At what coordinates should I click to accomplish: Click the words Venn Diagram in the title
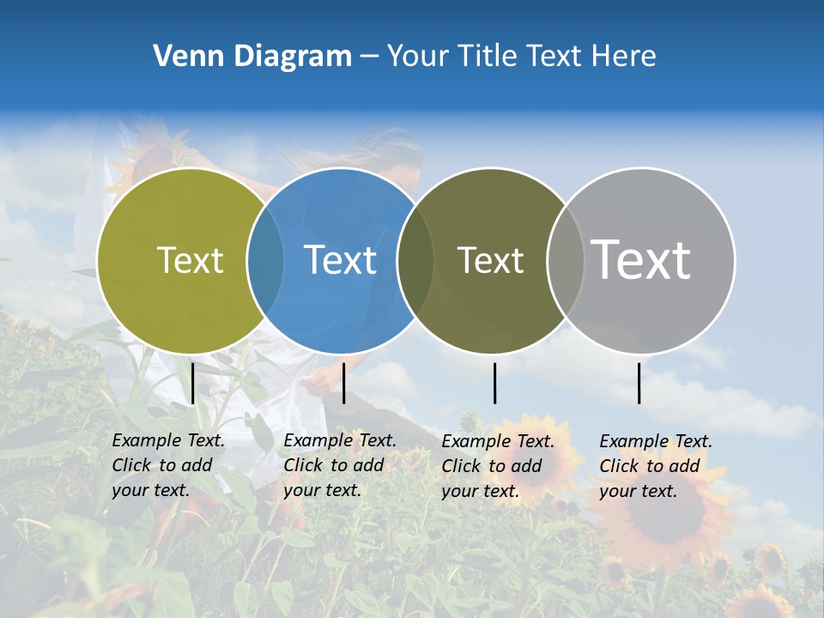tap(252, 57)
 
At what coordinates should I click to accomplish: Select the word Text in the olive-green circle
tap(190, 260)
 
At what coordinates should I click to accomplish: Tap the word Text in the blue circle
tap(340, 260)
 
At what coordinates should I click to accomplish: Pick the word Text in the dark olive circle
tap(490, 260)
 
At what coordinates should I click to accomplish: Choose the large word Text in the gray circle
tap(641, 259)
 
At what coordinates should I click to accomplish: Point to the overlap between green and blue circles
tap(265, 260)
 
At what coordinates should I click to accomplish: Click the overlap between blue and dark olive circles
tap(415, 260)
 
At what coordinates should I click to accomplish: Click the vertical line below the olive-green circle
tap(193, 383)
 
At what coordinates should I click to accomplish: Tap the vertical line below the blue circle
tap(343, 383)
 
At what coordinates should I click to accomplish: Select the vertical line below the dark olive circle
tap(494, 383)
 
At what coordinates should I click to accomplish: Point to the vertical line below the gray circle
tap(639, 383)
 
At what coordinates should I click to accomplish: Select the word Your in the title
tap(418, 57)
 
